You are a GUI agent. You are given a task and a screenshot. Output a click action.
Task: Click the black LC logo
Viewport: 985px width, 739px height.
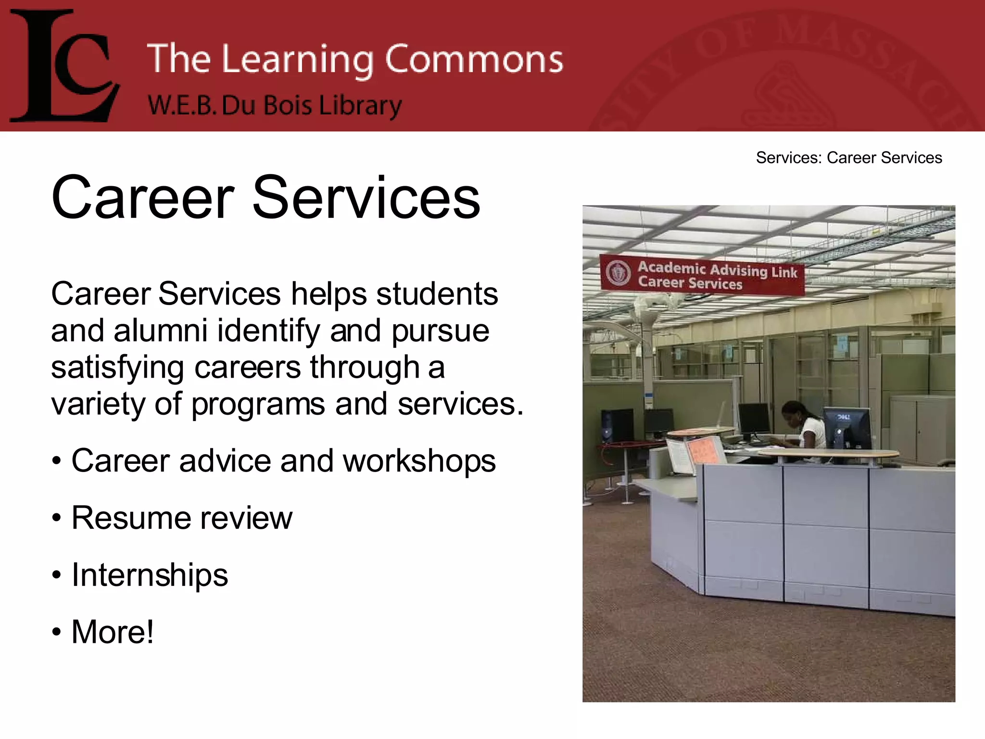tap(65, 66)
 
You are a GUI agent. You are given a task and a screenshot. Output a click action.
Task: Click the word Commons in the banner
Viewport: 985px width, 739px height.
tap(474, 59)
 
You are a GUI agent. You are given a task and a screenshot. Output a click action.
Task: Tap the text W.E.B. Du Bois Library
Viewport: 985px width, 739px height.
tap(274, 105)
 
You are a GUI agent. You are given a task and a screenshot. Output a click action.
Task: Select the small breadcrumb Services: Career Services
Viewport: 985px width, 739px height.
tap(848, 158)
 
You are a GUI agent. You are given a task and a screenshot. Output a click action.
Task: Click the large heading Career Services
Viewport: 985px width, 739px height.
tap(265, 198)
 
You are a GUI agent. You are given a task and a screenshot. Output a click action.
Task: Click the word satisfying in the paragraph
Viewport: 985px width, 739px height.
tap(117, 368)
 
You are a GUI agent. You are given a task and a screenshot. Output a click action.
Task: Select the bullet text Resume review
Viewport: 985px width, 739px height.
tap(181, 518)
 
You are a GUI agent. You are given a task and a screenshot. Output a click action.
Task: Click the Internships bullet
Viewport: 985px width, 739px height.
tap(149, 575)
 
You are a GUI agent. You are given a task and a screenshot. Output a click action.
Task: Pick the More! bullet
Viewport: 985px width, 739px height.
tap(112, 632)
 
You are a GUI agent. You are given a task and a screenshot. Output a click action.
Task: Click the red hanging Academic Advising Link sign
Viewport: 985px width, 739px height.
tap(702, 276)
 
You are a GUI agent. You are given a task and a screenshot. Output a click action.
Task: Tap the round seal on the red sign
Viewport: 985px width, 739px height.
tap(618, 273)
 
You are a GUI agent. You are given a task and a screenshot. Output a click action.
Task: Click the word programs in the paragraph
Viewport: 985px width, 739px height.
tap(258, 405)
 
